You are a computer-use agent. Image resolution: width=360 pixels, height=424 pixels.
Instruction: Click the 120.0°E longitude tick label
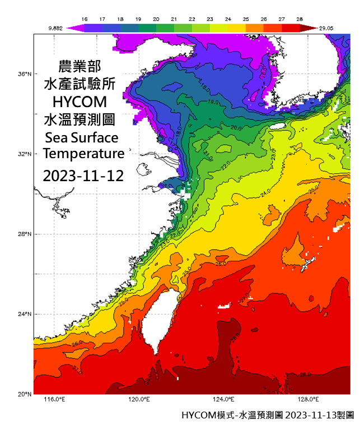coord(139,400)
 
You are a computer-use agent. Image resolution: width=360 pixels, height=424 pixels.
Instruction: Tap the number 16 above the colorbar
coord(85,19)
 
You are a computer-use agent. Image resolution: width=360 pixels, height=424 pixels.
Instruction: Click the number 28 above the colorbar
coord(301,19)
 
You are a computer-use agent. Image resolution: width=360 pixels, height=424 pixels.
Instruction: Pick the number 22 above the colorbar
coord(193,19)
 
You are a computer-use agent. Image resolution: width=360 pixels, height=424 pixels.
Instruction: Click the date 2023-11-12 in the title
coord(84,175)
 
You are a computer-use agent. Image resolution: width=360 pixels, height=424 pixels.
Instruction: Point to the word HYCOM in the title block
coord(84,102)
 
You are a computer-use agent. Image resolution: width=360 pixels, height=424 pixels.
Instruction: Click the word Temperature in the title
coord(84,154)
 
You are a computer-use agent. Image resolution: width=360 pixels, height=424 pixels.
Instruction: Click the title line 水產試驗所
coord(84,84)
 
